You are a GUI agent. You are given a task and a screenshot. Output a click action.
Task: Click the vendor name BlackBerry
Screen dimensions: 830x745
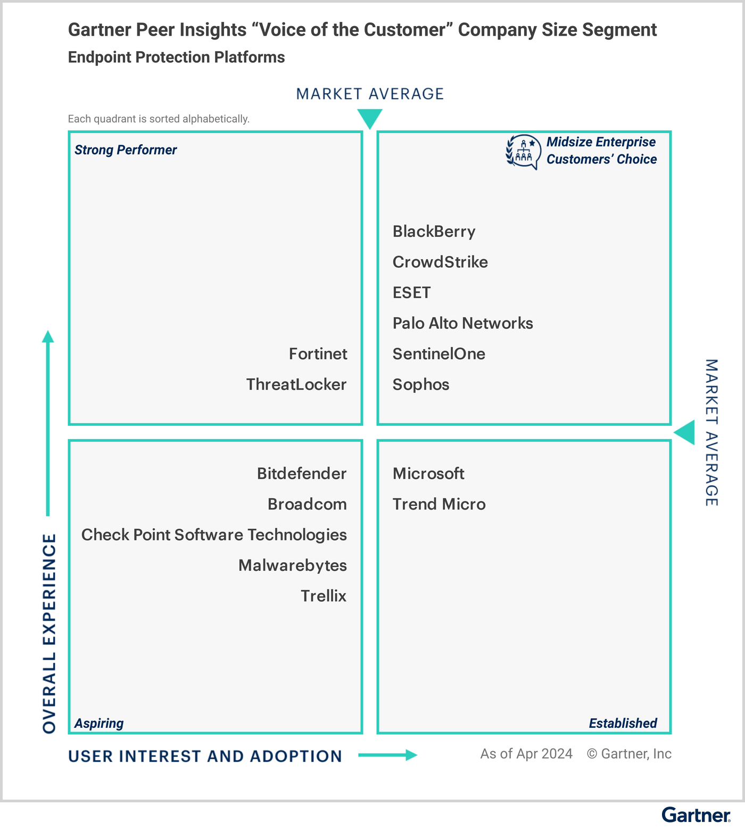point(434,232)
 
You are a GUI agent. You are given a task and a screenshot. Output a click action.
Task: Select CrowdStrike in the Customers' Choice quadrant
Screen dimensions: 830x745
point(440,262)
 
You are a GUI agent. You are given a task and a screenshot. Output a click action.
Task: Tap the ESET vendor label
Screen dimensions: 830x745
point(411,293)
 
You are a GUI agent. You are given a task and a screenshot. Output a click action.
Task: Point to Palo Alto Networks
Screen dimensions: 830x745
point(462,323)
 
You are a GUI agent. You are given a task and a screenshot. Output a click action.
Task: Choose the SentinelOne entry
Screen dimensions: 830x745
point(438,354)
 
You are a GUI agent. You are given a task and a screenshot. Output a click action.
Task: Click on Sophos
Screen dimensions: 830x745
point(421,384)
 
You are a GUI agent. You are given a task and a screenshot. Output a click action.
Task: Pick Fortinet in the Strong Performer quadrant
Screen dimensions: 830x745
point(318,354)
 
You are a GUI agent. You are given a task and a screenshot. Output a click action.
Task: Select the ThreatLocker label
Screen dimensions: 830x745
point(296,384)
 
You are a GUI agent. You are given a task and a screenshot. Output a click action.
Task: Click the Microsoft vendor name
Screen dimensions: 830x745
point(428,473)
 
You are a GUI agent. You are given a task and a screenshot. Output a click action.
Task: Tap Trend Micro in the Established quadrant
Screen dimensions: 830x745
point(439,504)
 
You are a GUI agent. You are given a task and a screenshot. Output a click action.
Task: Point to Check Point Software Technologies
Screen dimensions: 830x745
point(214,535)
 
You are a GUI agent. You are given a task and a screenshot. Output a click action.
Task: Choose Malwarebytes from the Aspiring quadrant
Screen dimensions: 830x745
point(292,565)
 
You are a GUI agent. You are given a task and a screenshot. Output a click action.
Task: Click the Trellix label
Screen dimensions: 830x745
point(323,596)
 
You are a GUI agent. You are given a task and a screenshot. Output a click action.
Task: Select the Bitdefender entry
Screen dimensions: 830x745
point(301,473)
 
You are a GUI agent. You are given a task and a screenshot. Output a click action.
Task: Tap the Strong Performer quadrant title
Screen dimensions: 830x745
point(126,150)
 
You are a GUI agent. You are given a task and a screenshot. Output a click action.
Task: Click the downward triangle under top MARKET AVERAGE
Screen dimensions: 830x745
point(370,118)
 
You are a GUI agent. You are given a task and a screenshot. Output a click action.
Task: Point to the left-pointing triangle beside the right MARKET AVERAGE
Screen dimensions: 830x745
point(685,432)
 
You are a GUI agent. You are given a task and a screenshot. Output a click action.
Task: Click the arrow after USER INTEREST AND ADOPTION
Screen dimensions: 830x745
point(387,755)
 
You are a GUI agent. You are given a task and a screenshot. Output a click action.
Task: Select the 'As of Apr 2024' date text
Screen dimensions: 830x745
point(526,754)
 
